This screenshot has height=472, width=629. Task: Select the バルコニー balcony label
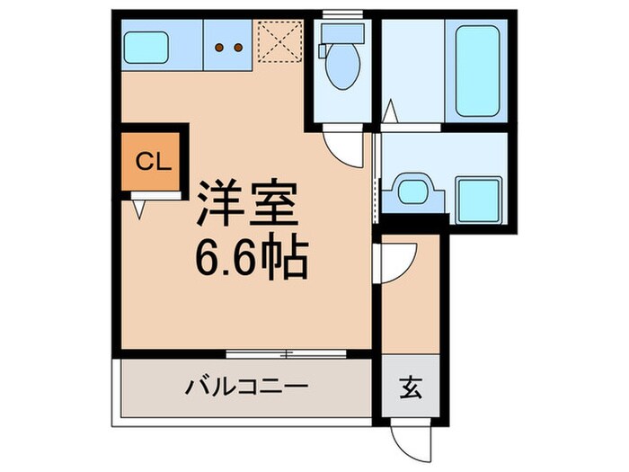tap(247, 387)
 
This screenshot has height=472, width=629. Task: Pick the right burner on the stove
tap(240, 47)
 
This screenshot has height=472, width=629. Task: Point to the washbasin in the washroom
tap(412, 191)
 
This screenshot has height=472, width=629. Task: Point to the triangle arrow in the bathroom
tap(390, 113)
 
